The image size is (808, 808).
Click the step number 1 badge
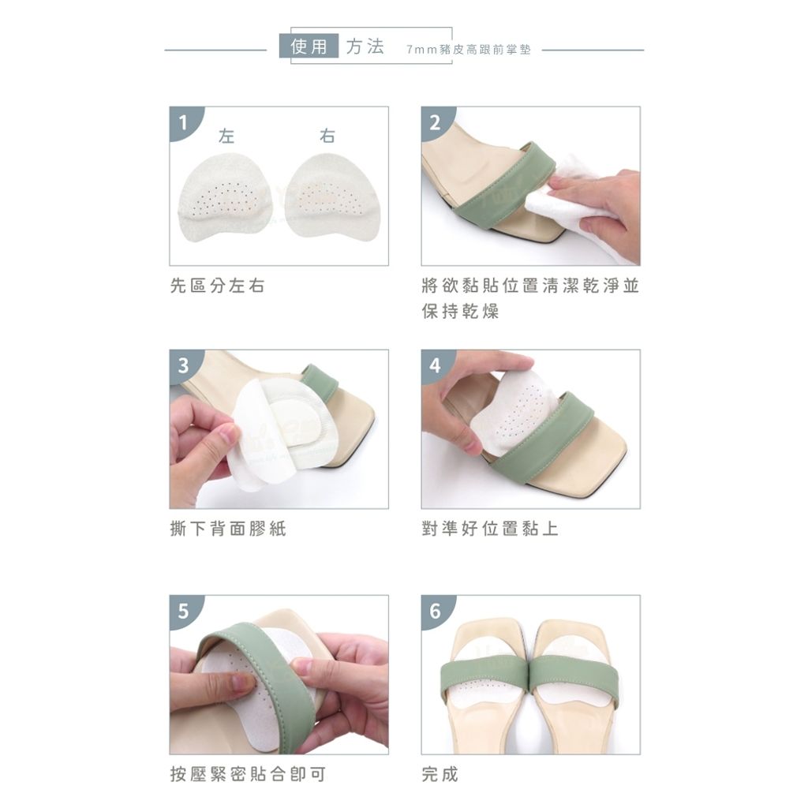[x=183, y=122]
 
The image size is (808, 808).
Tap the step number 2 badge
[x=435, y=122]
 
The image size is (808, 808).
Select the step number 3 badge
[x=183, y=365]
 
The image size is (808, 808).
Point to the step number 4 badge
[x=435, y=365]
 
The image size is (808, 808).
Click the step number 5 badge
[x=183, y=611]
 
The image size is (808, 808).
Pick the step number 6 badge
[x=435, y=611]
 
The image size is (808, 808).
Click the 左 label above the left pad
[x=226, y=136]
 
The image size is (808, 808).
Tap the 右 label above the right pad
[x=327, y=136]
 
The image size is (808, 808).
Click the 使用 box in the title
[x=309, y=46]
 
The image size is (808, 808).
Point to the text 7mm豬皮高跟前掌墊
[x=469, y=50]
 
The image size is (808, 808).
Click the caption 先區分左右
[x=217, y=286]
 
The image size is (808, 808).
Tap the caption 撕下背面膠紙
[x=228, y=529]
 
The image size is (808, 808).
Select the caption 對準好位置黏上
[x=489, y=529]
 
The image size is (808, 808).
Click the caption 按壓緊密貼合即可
[x=248, y=774]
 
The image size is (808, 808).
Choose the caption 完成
[x=440, y=774]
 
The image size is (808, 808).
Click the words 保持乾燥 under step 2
[x=460, y=311]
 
